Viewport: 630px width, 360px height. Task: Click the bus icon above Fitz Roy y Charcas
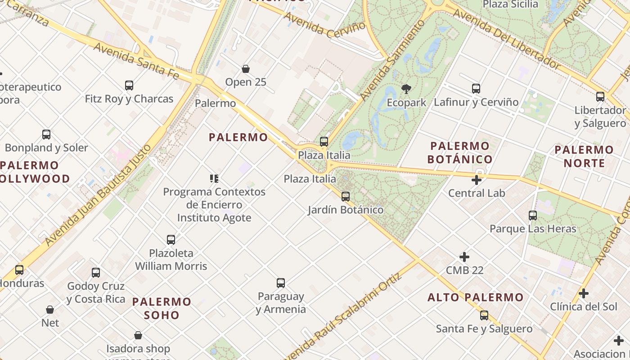[x=129, y=85]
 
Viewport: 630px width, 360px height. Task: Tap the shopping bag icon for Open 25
[x=246, y=69]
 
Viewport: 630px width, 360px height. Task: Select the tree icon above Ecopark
[x=406, y=89]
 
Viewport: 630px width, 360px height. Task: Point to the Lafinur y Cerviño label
[x=476, y=102]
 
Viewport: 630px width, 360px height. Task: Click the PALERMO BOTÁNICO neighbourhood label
[x=460, y=153]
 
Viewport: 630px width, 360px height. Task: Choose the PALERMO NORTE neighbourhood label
[x=584, y=156]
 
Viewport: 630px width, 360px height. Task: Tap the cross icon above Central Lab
[x=477, y=180]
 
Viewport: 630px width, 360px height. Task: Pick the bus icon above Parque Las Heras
[x=533, y=216]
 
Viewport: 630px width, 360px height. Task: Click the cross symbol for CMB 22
[x=464, y=257]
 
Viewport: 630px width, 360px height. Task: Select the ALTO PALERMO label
[x=476, y=297]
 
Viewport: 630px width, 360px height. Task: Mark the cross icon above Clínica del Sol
[x=584, y=293]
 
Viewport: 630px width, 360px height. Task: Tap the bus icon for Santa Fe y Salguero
[x=484, y=315]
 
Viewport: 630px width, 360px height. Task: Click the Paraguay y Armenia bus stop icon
[x=281, y=283]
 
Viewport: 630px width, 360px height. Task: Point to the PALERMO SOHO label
[x=162, y=308]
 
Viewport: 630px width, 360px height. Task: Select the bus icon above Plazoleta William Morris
[x=171, y=239]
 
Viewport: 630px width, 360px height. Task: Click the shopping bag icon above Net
[x=50, y=310]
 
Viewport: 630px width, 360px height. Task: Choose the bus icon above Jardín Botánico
[x=346, y=197]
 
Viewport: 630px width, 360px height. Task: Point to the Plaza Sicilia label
[x=510, y=4]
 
